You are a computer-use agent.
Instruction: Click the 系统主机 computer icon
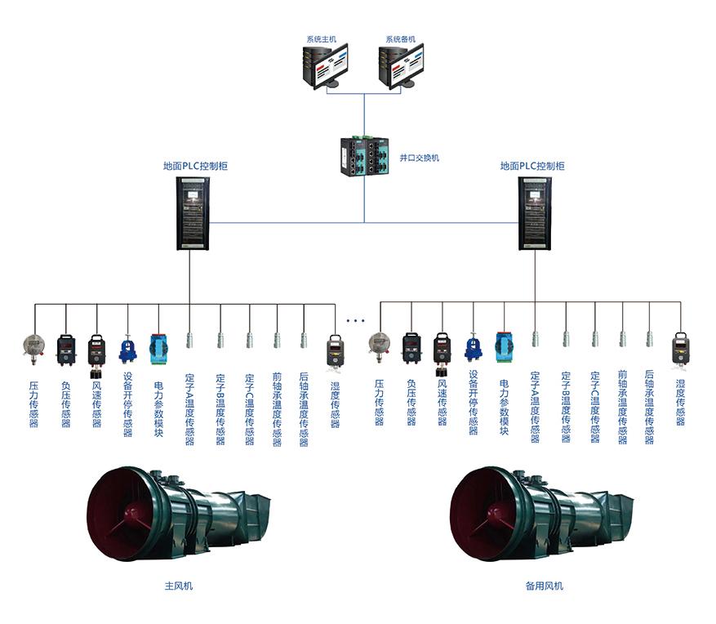tap(324, 67)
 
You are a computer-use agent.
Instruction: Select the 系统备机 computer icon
tap(402, 67)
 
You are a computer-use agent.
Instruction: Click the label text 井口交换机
tap(419, 158)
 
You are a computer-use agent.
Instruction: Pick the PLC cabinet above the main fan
tap(193, 214)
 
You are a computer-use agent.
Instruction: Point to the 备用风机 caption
tap(544, 586)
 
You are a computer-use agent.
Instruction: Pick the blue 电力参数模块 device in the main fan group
tap(158, 349)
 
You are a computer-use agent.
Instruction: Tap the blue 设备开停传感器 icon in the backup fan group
tap(474, 349)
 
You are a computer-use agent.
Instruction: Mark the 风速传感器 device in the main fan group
tap(96, 353)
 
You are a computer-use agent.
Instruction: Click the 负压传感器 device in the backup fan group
tap(411, 349)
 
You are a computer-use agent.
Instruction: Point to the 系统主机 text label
tap(321, 39)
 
